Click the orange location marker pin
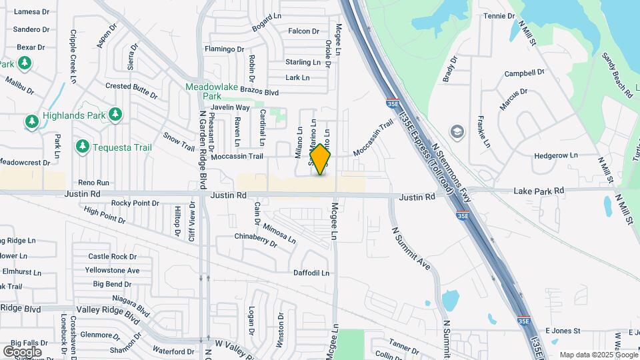point(321,159)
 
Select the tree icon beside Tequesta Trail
point(83,146)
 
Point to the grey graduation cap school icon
point(457,131)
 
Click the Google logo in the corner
point(22,351)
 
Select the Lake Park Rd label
point(539,191)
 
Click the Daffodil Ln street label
point(311,273)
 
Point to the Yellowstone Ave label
point(112,270)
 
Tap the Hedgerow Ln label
point(556,155)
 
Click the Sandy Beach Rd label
point(617,76)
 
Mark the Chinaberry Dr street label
point(255,240)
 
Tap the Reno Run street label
point(93,182)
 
